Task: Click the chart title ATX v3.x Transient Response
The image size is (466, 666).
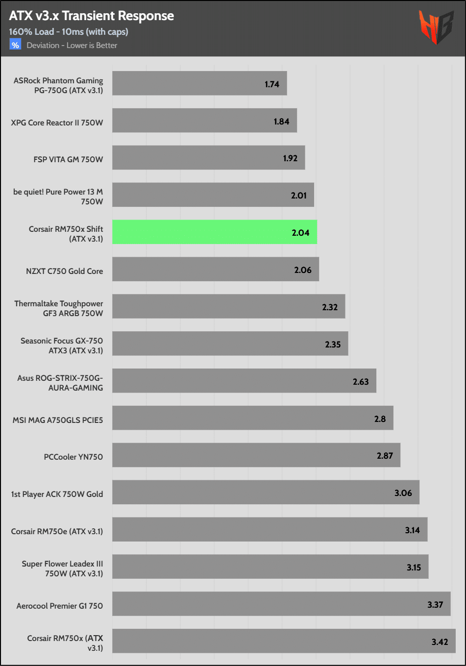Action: point(91,16)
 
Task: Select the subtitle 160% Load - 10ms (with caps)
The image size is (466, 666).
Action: point(69,32)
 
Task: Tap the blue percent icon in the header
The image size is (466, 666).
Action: point(15,45)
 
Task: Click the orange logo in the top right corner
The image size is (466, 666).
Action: point(435,27)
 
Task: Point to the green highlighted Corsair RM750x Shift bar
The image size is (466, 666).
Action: point(214,232)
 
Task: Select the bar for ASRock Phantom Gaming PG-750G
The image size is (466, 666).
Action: point(199,83)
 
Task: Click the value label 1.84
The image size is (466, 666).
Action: point(281,122)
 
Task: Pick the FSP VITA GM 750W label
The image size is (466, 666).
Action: point(68,159)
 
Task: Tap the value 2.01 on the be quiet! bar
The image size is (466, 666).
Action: point(298,196)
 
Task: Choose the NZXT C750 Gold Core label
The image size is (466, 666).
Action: point(64,271)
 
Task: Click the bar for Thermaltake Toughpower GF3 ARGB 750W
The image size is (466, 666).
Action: point(228,306)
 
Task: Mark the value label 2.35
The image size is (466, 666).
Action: point(333,345)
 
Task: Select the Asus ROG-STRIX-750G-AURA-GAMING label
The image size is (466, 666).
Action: point(60,383)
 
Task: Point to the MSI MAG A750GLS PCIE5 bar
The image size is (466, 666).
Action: point(252,418)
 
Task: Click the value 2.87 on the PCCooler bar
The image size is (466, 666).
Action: point(385,456)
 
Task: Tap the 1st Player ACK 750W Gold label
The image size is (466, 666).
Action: point(57,494)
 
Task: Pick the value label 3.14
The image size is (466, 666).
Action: point(412,530)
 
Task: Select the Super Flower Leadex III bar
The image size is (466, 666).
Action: point(270,567)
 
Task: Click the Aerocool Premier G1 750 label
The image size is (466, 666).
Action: point(59,606)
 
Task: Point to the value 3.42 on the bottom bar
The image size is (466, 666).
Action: point(440,642)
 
